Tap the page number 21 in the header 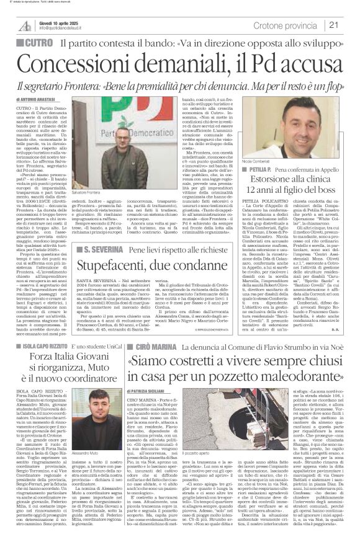click(x=350, y=25)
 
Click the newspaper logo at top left click(x=24, y=25)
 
